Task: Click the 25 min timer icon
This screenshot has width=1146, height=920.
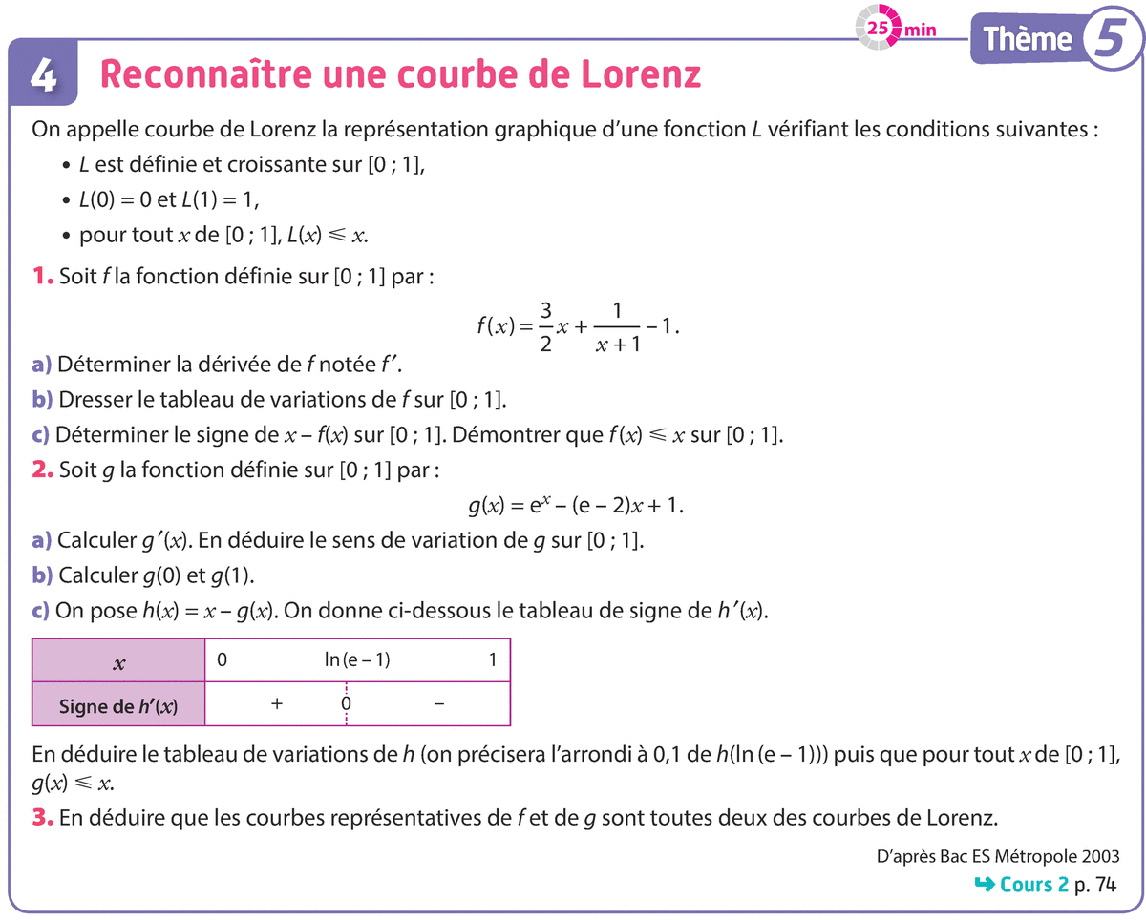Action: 879,27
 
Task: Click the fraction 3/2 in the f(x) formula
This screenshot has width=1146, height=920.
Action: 546,326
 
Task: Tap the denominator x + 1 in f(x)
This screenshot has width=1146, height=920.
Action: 617,344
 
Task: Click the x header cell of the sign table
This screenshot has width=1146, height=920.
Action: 119,660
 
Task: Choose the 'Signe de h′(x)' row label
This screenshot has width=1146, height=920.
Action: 119,706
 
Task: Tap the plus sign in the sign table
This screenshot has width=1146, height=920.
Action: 277,704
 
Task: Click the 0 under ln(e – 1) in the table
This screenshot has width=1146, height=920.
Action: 347,704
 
